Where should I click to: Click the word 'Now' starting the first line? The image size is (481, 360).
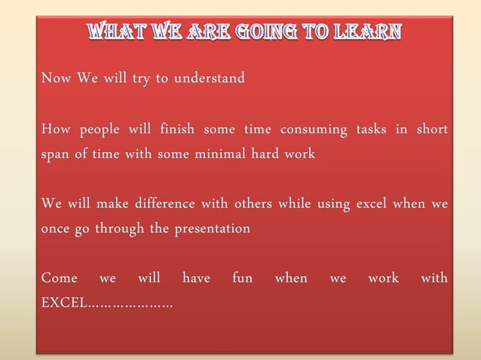pos(56,78)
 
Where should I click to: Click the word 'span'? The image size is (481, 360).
pos(55,154)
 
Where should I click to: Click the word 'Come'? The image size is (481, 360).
pos(59,279)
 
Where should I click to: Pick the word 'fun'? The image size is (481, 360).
pos(242,279)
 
